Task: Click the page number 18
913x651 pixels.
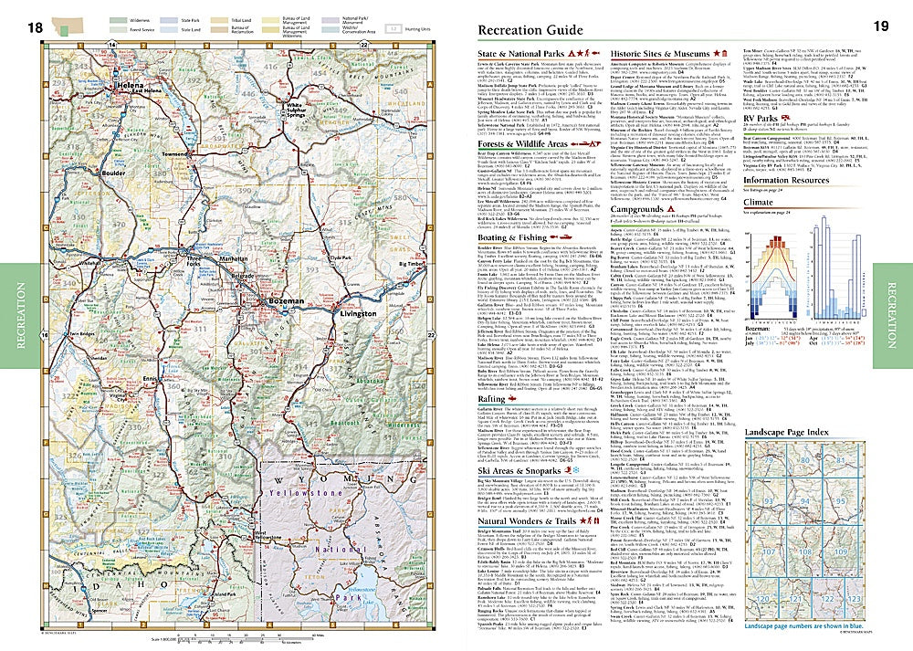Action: pos(35,29)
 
